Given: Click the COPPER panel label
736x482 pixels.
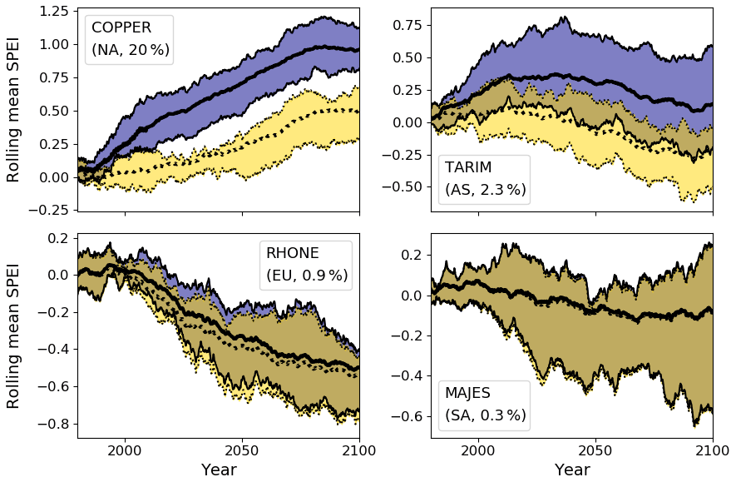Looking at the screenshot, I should point(122,28).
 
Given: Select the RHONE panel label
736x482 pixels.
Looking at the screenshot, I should point(293,252).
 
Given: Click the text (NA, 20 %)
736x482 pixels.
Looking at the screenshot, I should point(131,51).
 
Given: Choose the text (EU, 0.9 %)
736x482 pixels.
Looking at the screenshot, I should point(306,275).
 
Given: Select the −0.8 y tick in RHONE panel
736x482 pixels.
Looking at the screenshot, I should point(56,424).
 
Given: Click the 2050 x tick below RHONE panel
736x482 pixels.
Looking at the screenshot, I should point(242,451).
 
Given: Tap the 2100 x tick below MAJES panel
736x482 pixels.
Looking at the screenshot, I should point(712,451).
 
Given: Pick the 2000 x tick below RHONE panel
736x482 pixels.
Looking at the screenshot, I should point(125,451).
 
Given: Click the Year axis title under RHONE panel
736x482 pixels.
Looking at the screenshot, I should point(219,470).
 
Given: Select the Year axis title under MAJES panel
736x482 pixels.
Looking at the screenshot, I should point(571,470).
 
